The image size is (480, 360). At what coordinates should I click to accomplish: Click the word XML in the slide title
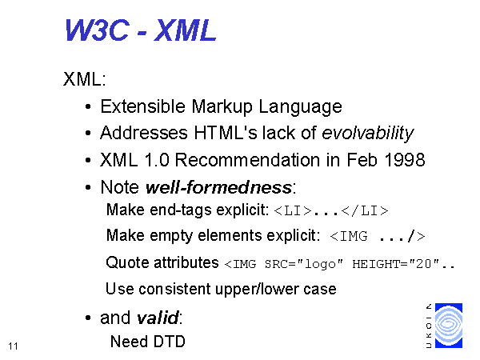pos(186,30)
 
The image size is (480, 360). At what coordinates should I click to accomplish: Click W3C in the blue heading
pos(97,30)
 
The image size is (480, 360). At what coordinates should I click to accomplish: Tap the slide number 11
pos(13,346)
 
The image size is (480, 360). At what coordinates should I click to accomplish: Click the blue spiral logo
pos(449,326)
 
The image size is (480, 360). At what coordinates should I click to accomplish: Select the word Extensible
pos(143,106)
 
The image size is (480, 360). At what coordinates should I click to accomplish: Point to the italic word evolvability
pos(368,134)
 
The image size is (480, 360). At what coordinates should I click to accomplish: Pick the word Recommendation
pos(247,160)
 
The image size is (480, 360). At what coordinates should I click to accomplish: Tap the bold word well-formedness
pos(218,187)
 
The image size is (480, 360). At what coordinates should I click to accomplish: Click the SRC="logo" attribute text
pos(304,264)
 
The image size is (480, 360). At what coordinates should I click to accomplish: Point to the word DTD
pos(170,342)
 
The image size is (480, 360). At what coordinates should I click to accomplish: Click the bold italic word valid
pos(158,318)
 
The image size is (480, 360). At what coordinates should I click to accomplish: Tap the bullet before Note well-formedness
pos(88,187)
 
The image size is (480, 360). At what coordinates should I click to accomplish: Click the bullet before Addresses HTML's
pos(88,133)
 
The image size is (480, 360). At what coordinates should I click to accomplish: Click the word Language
pos(300,107)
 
